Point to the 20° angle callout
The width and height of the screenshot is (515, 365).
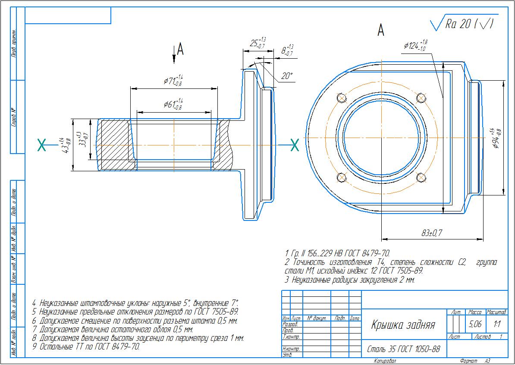286,76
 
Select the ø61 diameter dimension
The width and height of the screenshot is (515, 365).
173,104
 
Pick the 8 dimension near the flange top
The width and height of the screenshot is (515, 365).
287,50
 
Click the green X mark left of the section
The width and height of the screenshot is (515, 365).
42,145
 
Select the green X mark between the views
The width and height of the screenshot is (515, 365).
295,145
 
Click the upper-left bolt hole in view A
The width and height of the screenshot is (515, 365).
342,98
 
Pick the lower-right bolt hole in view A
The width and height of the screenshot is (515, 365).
421,177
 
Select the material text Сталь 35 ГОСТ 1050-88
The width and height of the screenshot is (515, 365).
403,349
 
